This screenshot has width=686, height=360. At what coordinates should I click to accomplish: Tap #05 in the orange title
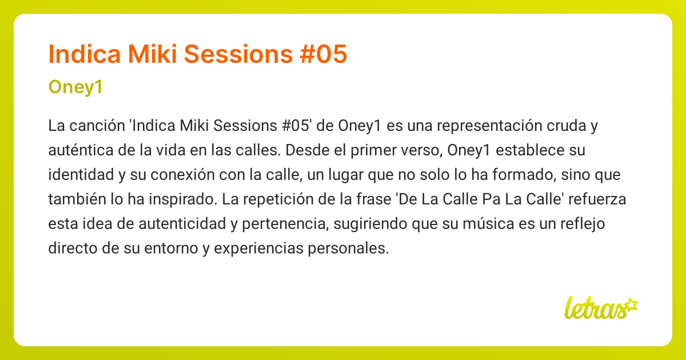(x=324, y=54)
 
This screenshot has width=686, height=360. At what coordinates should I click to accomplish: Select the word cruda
(x=567, y=126)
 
